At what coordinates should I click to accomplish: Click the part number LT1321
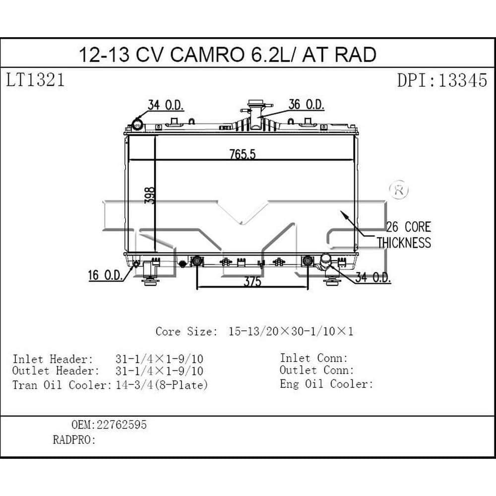35,80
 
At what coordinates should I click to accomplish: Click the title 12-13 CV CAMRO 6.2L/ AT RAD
228,54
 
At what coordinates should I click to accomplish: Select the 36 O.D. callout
306,105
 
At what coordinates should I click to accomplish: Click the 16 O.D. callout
106,276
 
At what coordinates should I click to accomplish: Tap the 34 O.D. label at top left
166,105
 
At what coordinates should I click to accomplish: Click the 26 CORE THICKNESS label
404,235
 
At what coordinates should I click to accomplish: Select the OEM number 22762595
123,425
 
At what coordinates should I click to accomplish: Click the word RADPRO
72,440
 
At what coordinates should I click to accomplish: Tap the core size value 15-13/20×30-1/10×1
291,331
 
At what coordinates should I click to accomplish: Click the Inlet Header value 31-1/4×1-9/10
159,359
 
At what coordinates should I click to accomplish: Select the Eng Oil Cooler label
326,383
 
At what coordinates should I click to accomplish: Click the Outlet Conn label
316,370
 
